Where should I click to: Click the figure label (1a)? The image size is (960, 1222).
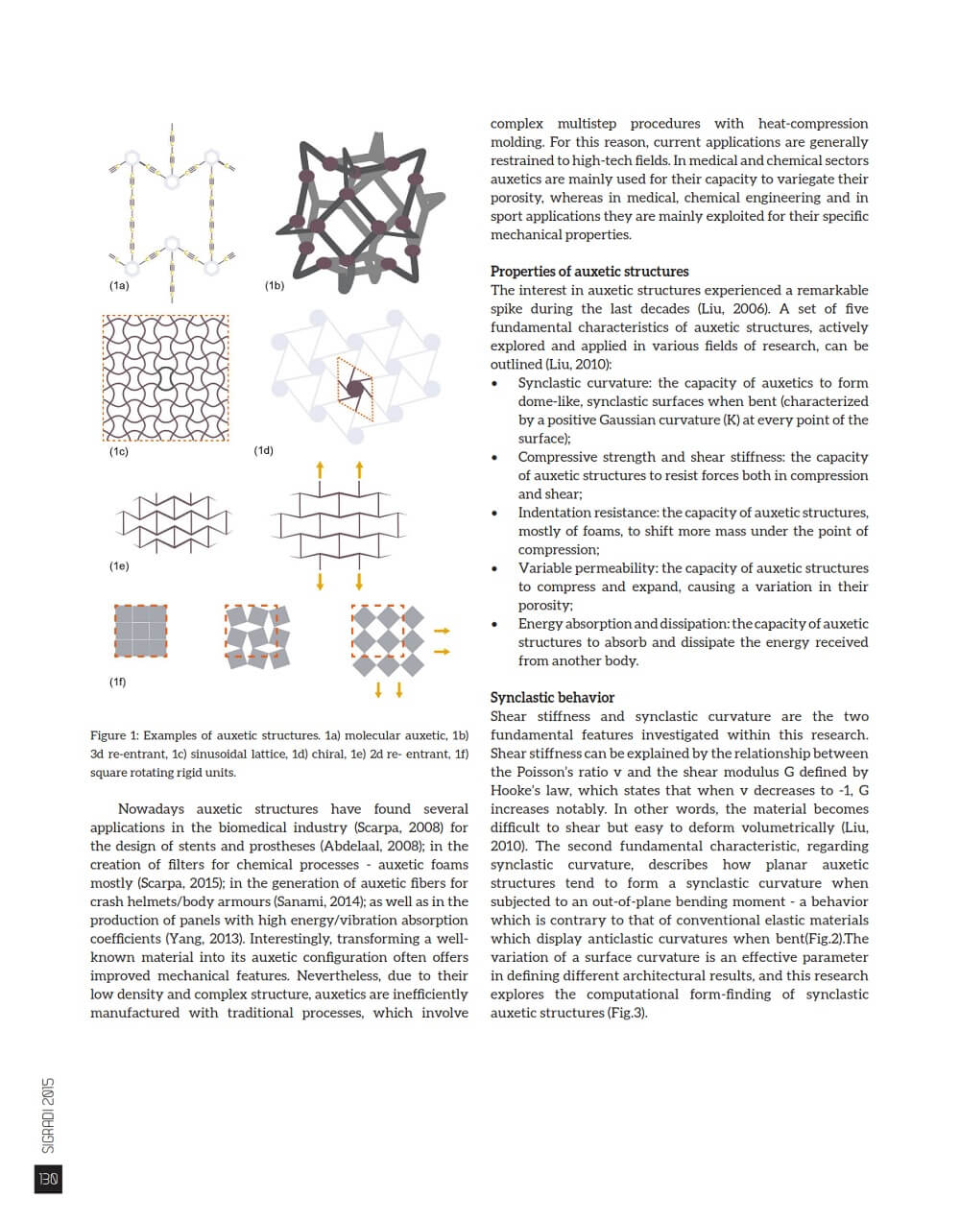pyautogui.click(x=119, y=285)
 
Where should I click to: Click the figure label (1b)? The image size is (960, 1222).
pyautogui.click(x=275, y=285)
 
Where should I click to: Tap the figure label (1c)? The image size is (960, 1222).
pyautogui.click(x=119, y=451)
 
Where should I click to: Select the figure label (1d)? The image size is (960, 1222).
pyautogui.click(x=264, y=450)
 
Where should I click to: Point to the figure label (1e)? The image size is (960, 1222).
pyautogui.click(x=119, y=566)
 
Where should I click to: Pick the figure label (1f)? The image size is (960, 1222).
pyautogui.click(x=117, y=682)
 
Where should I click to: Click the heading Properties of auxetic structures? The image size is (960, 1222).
pyautogui.click(x=589, y=272)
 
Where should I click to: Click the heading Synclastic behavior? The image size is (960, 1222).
pyautogui.click(x=552, y=698)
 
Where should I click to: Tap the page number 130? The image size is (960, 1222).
pyautogui.click(x=48, y=1179)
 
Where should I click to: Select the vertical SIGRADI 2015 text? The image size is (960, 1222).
pyautogui.click(x=49, y=1114)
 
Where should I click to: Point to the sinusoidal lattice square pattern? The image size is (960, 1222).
pyautogui.click(x=165, y=376)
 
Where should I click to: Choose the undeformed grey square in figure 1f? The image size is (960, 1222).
pyautogui.click(x=140, y=631)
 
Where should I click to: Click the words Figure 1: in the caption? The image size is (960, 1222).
pyautogui.click(x=114, y=735)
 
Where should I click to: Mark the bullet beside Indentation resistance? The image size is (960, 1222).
pyautogui.click(x=495, y=513)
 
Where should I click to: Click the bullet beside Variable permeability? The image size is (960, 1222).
pyautogui.click(x=495, y=568)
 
